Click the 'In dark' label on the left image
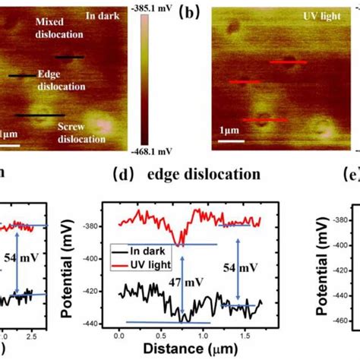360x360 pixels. pos(101,14)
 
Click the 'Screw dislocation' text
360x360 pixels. pos(81,134)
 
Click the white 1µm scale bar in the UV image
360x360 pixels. pos(232,140)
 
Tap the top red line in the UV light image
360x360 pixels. pos(289,62)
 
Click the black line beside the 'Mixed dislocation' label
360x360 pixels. pos(69,57)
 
